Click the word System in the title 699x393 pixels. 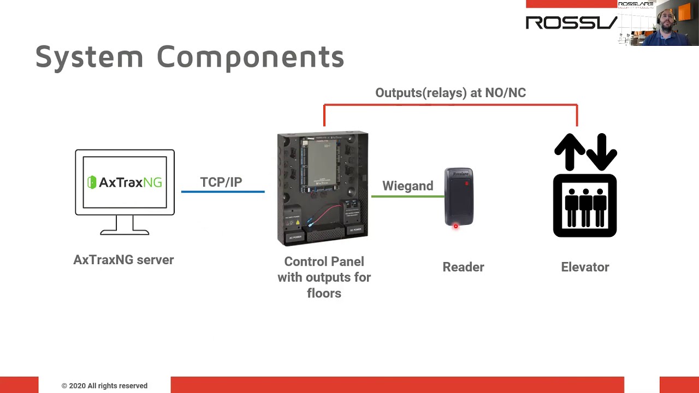click(x=89, y=57)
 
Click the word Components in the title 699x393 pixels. click(x=250, y=57)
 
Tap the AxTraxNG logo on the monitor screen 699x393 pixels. click(x=125, y=182)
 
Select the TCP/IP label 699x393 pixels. click(x=221, y=182)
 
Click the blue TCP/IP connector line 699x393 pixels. click(x=223, y=192)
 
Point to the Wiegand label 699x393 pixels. click(x=407, y=186)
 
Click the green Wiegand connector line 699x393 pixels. click(x=407, y=196)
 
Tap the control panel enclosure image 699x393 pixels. click(x=323, y=188)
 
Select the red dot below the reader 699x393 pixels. click(x=455, y=227)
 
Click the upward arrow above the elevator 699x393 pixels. click(x=570, y=151)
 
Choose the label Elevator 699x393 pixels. click(x=585, y=267)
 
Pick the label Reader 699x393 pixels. click(x=463, y=267)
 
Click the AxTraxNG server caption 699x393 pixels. click(x=123, y=260)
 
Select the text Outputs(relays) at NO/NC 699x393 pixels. click(x=451, y=93)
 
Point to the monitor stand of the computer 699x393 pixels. click(x=125, y=225)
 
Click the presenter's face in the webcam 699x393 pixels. click(x=667, y=22)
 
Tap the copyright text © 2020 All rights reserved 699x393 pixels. click(x=104, y=386)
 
